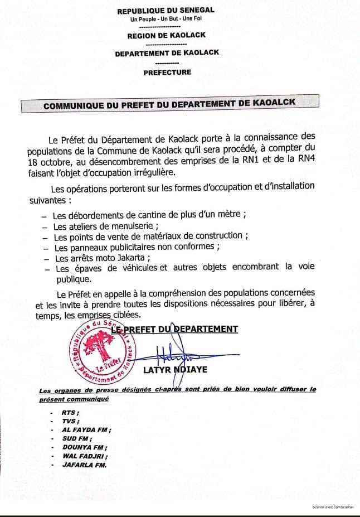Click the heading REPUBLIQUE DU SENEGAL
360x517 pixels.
point(166,10)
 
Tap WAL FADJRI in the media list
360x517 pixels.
point(84,456)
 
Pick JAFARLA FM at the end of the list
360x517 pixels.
point(84,465)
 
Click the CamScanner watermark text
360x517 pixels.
point(333,508)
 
